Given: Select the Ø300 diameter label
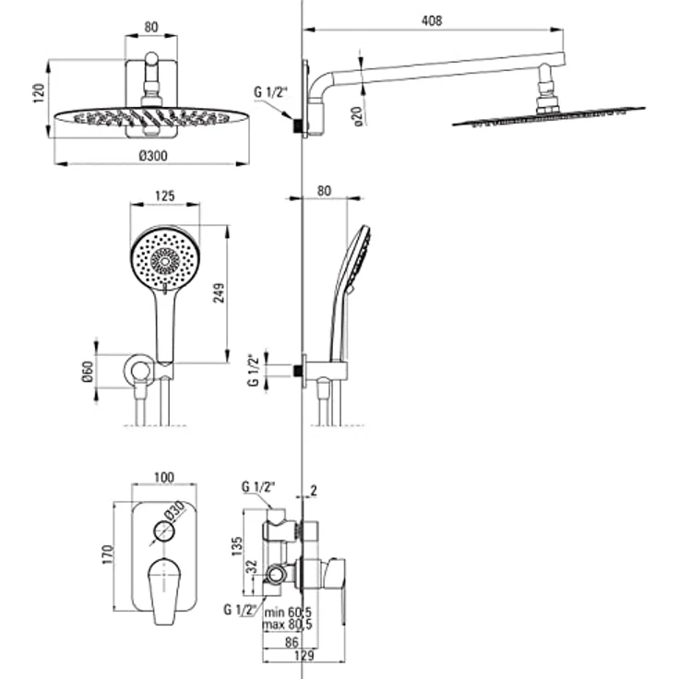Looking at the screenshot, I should [152, 156].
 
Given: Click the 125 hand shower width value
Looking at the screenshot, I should [165, 197].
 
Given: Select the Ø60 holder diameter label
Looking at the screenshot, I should [88, 375].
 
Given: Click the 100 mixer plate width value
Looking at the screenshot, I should [163, 477].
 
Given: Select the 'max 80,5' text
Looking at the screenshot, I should [287, 624].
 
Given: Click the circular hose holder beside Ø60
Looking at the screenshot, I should [139, 372].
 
